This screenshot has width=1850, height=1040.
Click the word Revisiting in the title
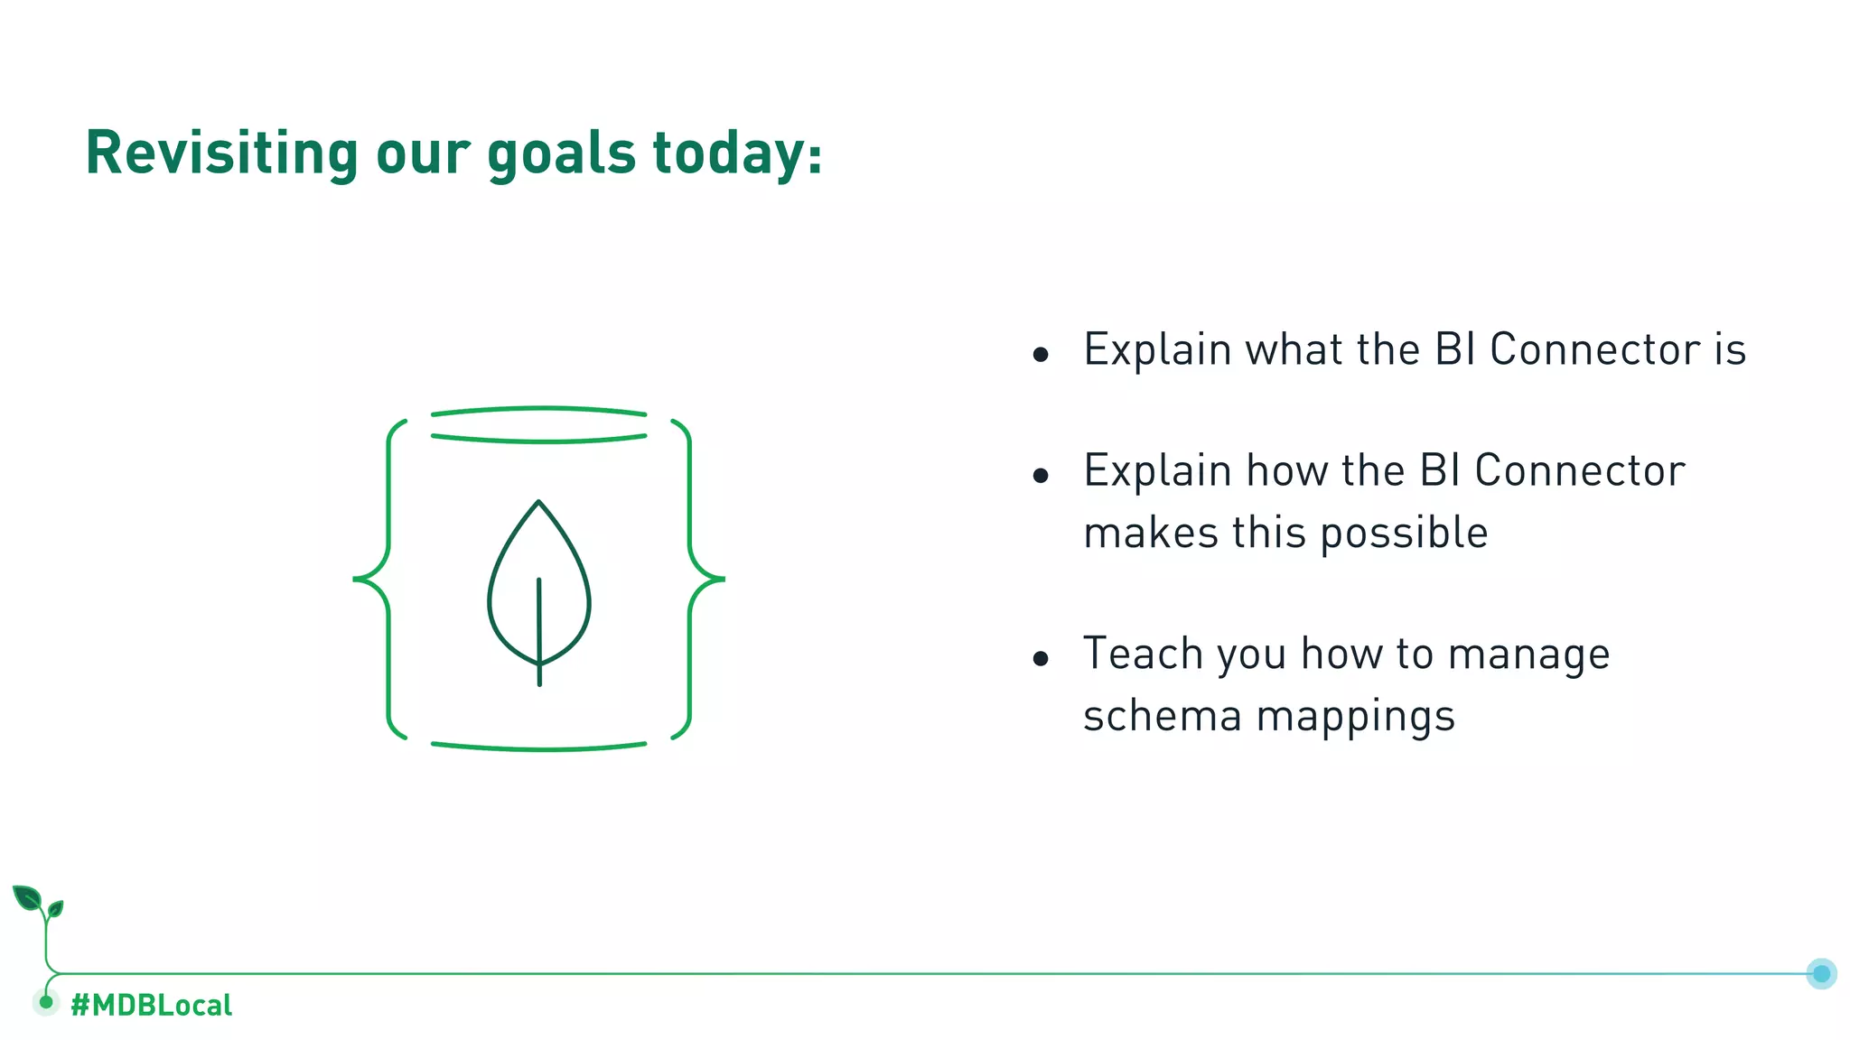tap(221, 153)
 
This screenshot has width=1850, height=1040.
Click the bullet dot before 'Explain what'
tap(1041, 355)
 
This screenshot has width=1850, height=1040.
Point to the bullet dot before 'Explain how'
tap(1041, 476)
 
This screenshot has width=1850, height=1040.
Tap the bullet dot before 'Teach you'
tap(1041, 659)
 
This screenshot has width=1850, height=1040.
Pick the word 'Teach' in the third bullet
tap(1143, 654)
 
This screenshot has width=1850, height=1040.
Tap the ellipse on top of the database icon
tap(539, 424)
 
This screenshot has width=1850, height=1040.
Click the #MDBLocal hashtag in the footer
tap(151, 1005)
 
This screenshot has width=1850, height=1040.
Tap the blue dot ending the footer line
tap(1821, 973)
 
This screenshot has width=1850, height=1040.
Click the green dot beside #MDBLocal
tap(46, 1002)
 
